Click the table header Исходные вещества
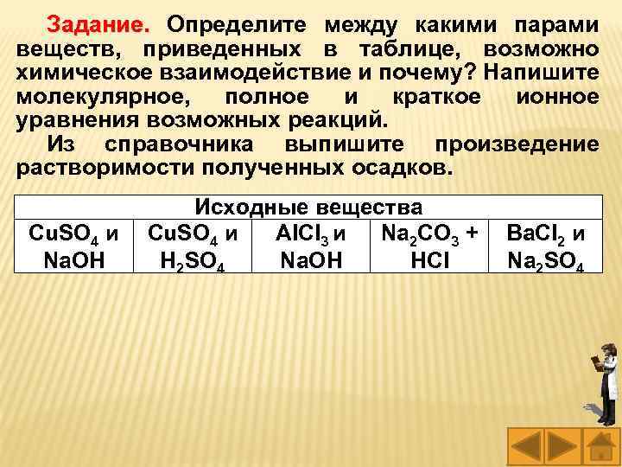[308, 208]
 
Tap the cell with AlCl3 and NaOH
[308, 246]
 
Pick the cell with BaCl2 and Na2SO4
[545, 246]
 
